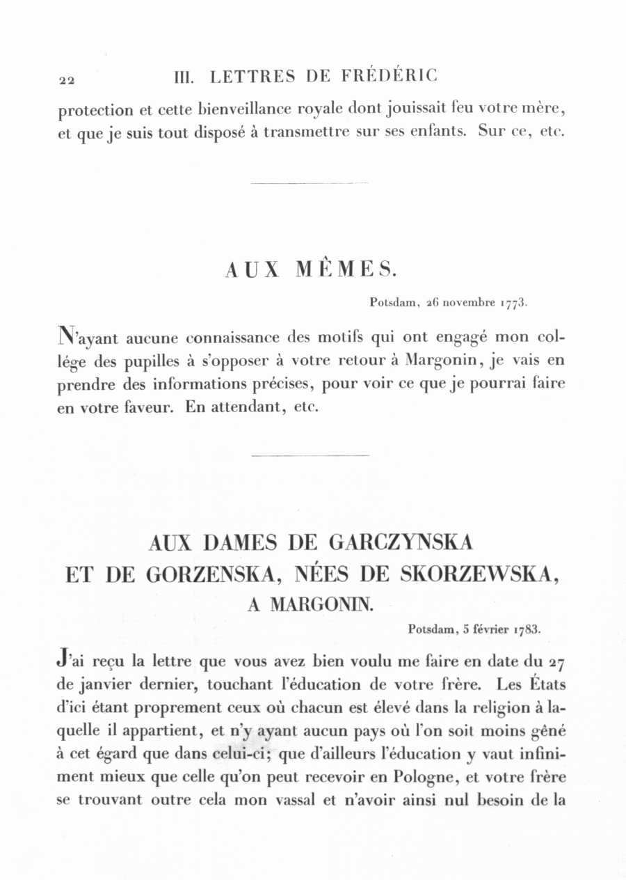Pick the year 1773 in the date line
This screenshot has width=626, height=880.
pyautogui.click(x=515, y=303)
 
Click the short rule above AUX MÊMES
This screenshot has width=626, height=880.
pyautogui.click(x=309, y=183)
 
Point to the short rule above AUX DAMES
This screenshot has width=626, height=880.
pyautogui.click(x=309, y=456)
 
